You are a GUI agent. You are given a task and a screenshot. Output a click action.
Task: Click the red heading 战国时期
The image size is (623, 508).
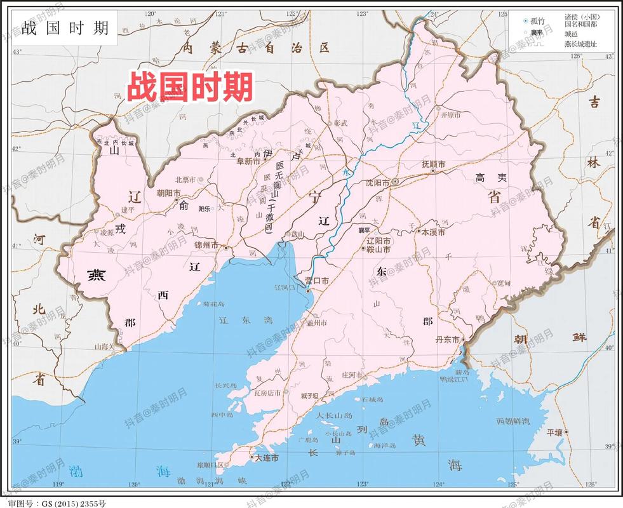(190, 86)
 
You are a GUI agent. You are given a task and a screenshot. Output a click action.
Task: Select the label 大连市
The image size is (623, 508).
(266, 457)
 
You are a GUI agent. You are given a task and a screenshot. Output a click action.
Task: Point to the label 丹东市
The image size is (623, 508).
(447, 340)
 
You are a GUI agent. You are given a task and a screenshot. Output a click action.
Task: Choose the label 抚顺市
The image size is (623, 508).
(434, 164)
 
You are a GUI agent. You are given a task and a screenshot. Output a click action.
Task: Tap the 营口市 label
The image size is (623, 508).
(316, 281)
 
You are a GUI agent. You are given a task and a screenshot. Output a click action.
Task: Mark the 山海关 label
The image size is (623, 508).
(105, 347)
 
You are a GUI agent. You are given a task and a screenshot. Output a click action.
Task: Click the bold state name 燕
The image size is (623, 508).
(97, 274)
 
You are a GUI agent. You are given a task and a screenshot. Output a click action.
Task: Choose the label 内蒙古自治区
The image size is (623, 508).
(257, 48)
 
